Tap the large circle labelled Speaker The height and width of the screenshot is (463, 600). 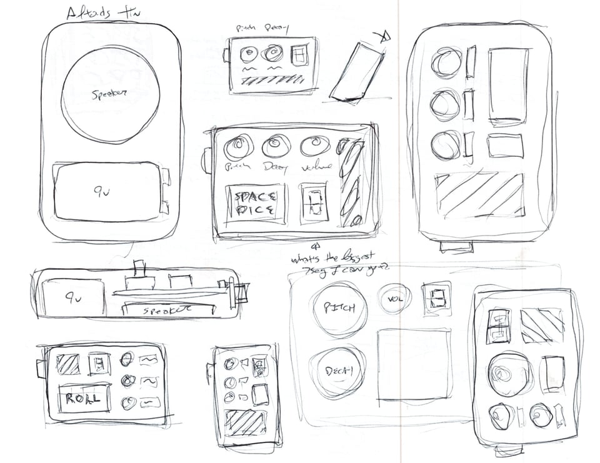(x=110, y=94)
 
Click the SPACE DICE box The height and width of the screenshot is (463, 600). (x=255, y=204)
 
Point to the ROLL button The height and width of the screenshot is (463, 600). (x=83, y=399)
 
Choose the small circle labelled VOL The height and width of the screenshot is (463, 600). (x=394, y=299)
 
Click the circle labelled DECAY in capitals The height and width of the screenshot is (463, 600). (x=338, y=372)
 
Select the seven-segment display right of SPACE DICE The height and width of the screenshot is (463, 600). (x=313, y=203)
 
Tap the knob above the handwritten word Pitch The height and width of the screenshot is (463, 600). (x=237, y=147)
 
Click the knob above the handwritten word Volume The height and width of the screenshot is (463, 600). (x=315, y=146)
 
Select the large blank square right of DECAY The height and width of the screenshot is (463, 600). (x=414, y=364)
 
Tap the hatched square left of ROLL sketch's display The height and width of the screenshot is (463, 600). (x=67, y=364)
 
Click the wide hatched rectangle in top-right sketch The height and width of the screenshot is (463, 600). (x=479, y=195)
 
